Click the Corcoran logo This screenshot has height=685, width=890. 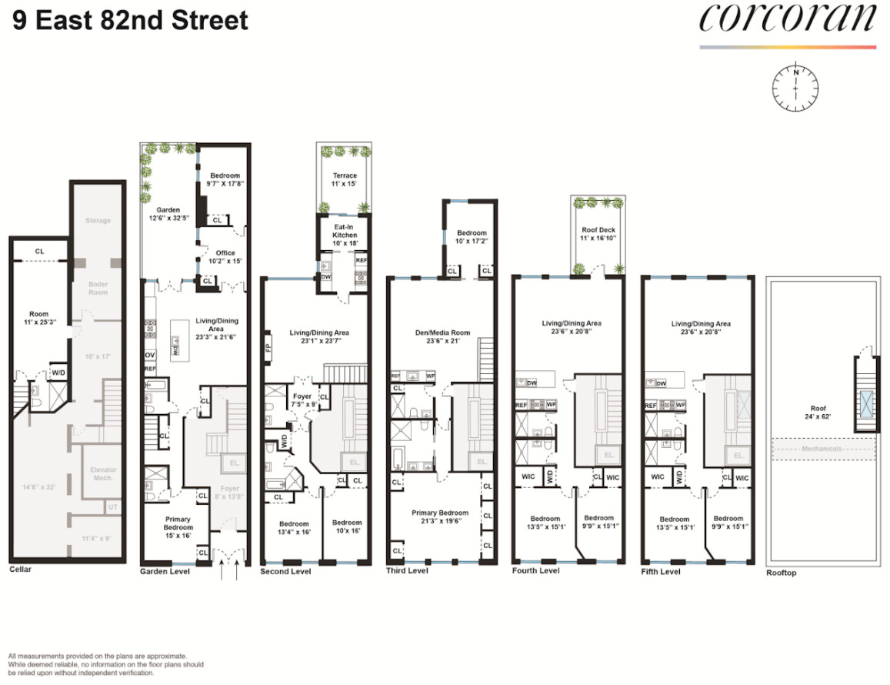tap(787, 20)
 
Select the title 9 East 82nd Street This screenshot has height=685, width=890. tap(130, 19)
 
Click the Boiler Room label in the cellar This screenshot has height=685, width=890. tap(97, 288)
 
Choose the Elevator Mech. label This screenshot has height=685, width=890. tap(102, 473)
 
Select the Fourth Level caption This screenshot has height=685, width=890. tap(535, 571)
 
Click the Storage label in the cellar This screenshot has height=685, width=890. tap(98, 221)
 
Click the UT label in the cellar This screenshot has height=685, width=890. tap(114, 506)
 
